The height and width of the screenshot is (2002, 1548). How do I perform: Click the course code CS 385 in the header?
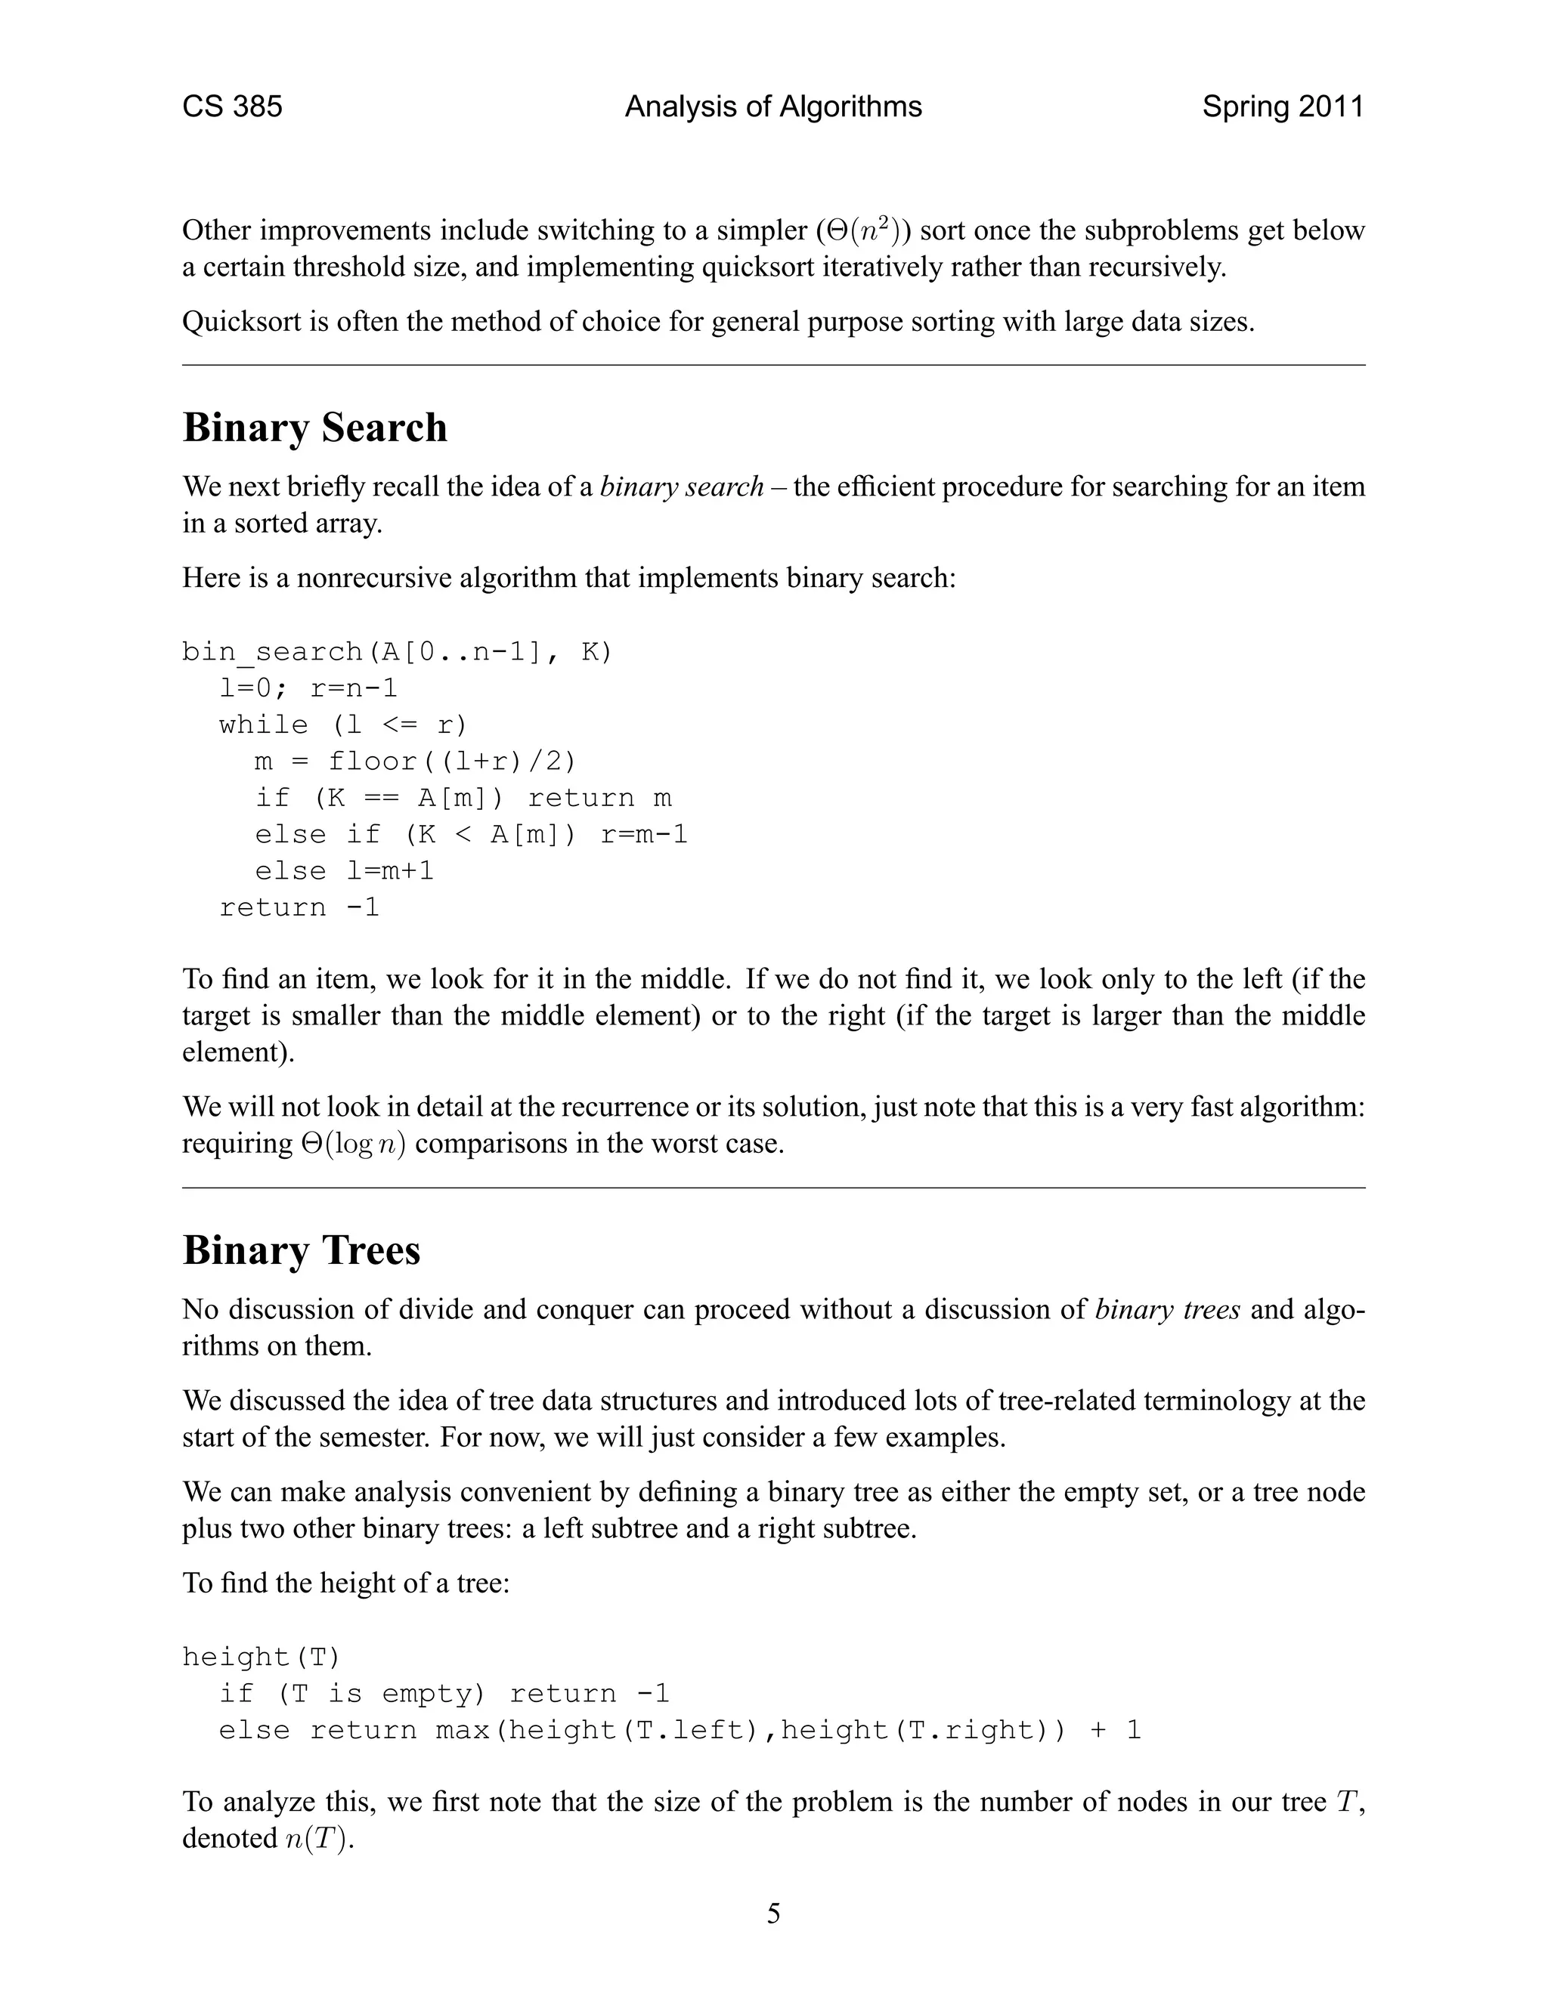pos(232,107)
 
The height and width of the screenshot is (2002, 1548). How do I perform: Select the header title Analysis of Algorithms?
pos(773,107)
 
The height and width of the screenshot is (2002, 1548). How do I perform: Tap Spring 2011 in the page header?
pos(1282,107)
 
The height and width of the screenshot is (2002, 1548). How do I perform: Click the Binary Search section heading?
pos(314,428)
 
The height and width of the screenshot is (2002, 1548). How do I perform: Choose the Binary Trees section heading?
pos(301,1251)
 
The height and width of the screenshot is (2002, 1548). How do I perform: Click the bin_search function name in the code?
pos(272,652)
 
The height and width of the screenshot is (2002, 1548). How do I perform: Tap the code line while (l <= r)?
pos(343,725)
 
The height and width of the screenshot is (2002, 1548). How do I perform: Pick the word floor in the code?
pos(373,762)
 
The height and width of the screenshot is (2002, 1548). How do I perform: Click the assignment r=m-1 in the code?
pos(644,835)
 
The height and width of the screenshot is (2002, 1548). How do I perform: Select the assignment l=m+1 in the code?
pos(390,871)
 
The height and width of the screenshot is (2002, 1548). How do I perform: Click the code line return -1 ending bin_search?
pos(299,907)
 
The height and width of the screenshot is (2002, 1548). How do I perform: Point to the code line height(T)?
pos(262,1658)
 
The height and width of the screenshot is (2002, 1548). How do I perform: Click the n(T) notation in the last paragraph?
pos(317,1839)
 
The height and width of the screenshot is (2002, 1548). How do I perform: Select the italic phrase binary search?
pos(681,487)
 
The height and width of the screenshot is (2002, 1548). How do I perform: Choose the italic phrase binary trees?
pos(1167,1310)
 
